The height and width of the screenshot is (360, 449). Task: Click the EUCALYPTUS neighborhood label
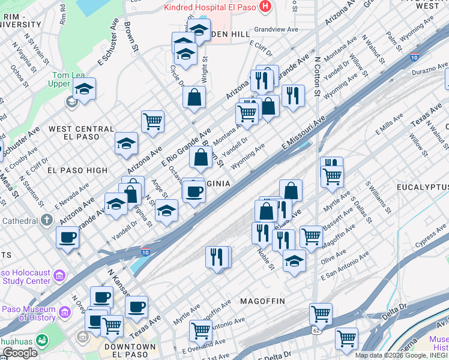point(422,188)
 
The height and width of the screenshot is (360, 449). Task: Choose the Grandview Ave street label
point(276,29)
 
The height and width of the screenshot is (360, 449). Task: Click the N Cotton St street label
point(318,77)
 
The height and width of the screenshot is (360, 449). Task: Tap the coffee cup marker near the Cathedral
point(67,236)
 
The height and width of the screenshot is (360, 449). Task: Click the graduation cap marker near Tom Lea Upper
point(85,89)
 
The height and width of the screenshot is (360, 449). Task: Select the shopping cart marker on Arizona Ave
point(153,121)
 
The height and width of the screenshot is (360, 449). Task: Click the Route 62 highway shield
point(316,331)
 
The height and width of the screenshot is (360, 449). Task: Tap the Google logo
point(20,353)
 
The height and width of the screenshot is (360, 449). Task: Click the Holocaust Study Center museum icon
point(59,276)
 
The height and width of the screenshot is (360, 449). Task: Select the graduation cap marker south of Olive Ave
point(294,261)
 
